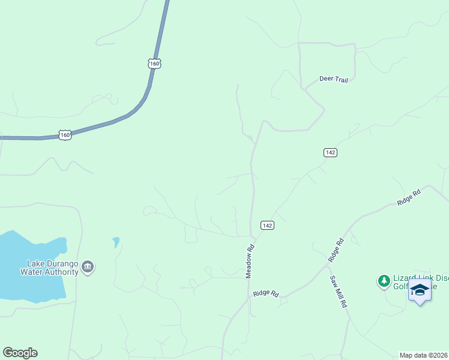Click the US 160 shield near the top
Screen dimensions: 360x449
[155, 63]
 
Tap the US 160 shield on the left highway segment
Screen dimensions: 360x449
[65, 135]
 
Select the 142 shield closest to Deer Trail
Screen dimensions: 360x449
[330, 152]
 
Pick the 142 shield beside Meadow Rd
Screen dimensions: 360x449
[268, 225]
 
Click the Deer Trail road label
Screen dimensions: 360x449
[334, 79]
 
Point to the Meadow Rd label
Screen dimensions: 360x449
[250, 260]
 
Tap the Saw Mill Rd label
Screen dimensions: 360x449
[339, 292]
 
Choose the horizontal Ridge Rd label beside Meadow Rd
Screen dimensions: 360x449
[266, 293]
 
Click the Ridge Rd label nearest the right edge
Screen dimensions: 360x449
[409, 198]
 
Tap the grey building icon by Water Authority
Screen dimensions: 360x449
[88, 266]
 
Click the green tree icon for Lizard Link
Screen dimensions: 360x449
[384, 280]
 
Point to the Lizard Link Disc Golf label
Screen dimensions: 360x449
[414, 282]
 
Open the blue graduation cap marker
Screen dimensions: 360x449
[420, 290]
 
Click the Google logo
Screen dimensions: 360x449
[20, 353]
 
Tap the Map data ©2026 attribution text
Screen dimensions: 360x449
[423, 355]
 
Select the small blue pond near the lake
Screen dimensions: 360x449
[115, 242]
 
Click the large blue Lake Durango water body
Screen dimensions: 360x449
[30, 282]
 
